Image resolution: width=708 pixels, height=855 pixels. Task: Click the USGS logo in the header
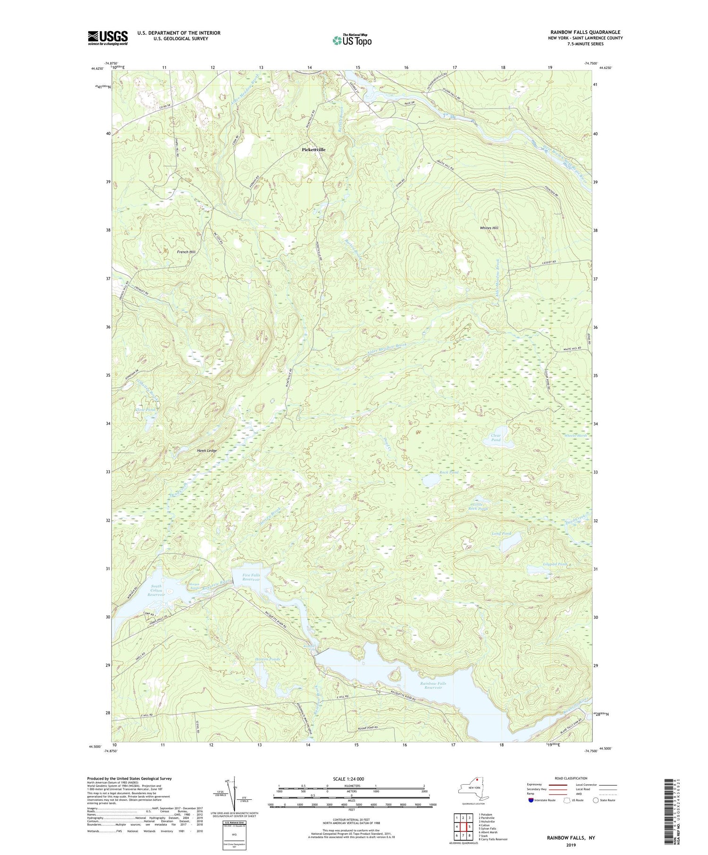pyautogui.click(x=108, y=38)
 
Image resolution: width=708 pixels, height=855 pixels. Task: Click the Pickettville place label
pyautogui.click(x=313, y=149)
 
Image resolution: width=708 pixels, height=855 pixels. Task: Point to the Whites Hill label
pyautogui.click(x=489, y=228)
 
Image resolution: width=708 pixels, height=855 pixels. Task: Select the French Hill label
pyautogui.click(x=186, y=252)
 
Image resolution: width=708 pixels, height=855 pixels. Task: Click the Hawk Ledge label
pyautogui.click(x=207, y=451)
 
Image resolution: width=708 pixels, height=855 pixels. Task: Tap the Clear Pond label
pyautogui.click(x=496, y=438)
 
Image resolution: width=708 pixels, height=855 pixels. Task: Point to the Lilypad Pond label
pyautogui.click(x=542, y=564)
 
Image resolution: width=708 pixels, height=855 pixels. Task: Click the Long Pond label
pyautogui.click(x=502, y=534)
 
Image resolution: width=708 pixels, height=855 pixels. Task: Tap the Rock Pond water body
pyautogui.click(x=431, y=481)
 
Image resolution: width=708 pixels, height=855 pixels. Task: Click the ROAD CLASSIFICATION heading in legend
pyautogui.click(x=571, y=778)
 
